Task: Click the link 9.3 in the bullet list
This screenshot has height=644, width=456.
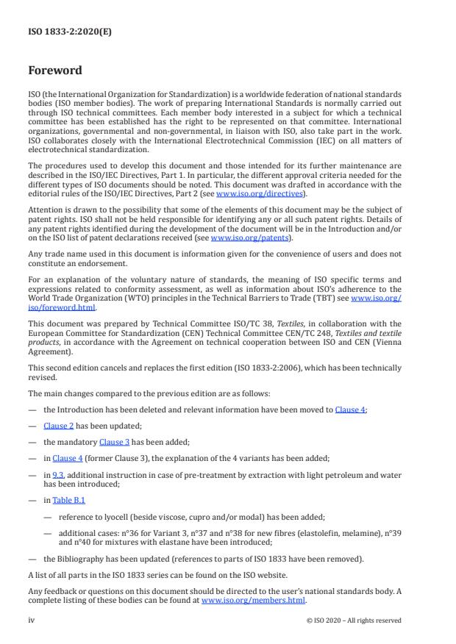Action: tap(57, 476)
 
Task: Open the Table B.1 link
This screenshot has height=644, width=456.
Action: tap(69, 500)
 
